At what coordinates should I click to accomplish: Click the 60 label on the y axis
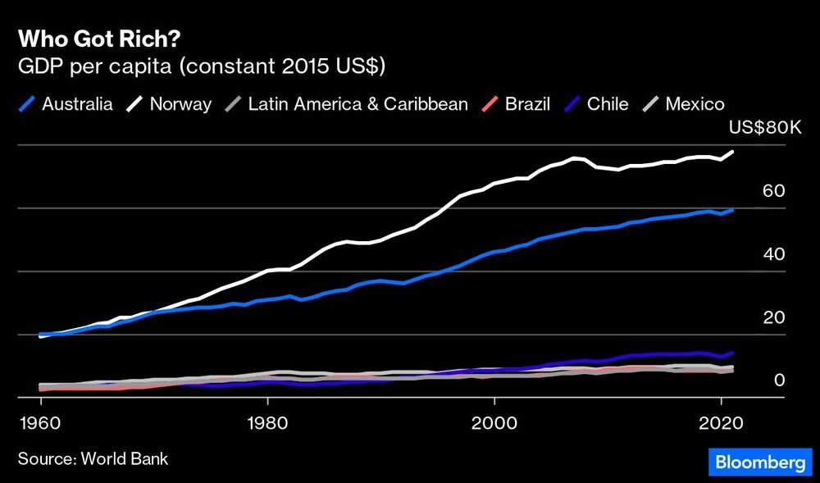tap(774, 191)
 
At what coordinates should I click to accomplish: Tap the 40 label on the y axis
tap(774, 254)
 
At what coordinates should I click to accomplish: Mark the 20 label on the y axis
tap(774, 317)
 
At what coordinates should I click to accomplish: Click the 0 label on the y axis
tap(780, 380)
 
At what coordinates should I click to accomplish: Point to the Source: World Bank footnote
tap(93, 458)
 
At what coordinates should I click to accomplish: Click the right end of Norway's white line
tap(732, 152)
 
